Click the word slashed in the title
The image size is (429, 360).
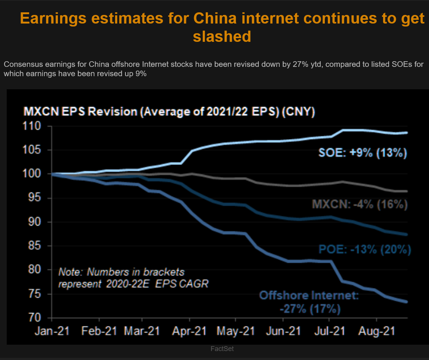pyautogui.click(x=222, y=37)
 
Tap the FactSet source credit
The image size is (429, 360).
pyautogui.click(x=222, y=349)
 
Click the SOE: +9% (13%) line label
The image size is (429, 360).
pyautogui.click(x=362, y=153)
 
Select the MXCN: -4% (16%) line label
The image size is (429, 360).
pyautogui.click(x=360, y=204)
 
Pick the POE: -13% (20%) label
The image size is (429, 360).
pyautogui.click(x=364, y=249)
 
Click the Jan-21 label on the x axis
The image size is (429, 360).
pyautogui.click(x=52, y=331)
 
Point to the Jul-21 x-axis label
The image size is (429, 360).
pyautogui.click(x=330, y=331)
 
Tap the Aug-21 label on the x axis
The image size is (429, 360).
pyautogui.click(x=377, y=331)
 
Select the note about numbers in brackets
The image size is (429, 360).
pyautogui.click(x=133, y=277)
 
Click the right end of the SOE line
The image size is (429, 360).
pyautogui.click(x=407, y=133)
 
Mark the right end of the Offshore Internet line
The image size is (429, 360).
pyautogui.click(x=407, y=302)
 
